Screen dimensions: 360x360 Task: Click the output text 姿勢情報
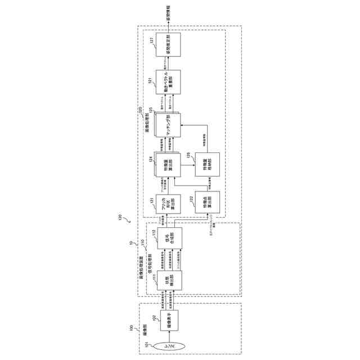169,12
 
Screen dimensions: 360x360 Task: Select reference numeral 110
142,243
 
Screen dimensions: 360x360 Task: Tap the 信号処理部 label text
150,276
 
